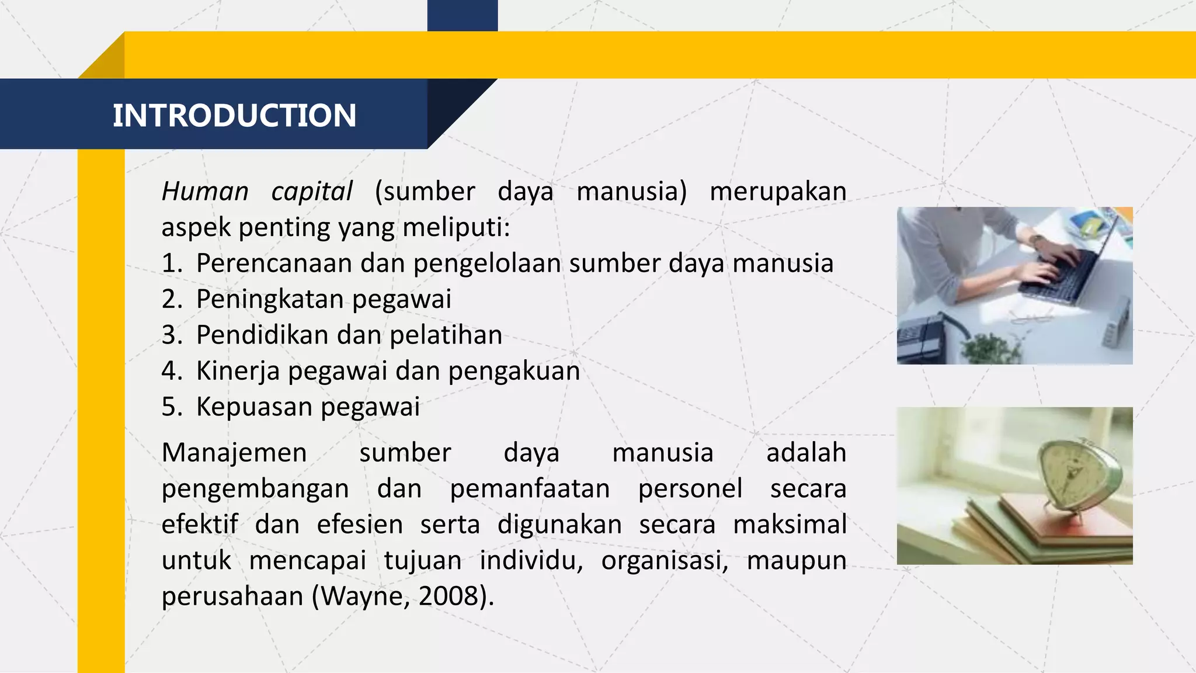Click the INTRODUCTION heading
pos(234,115)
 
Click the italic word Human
pos(205,192)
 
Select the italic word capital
pos(312,192)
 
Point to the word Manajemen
pos(234,453)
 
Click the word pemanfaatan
pos(530,489)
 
